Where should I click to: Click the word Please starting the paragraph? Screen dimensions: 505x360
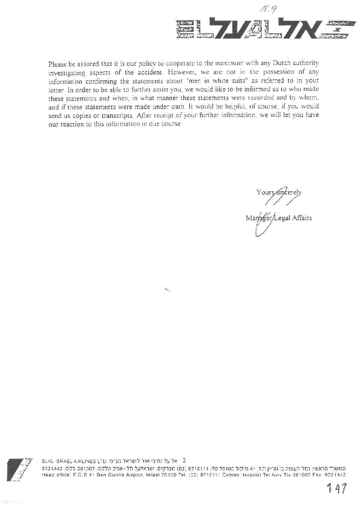(58, 64)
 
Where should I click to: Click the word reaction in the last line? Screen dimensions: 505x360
(71, 124)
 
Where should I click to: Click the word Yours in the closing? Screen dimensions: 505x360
(265, 192)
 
